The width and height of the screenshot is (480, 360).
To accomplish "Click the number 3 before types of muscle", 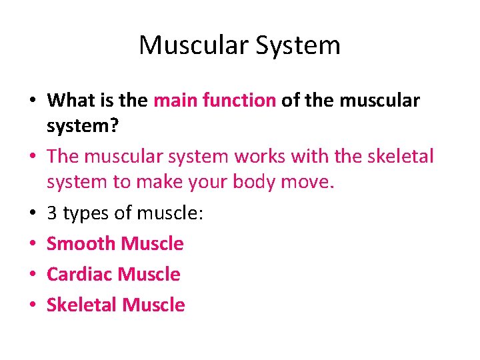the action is point(52,213).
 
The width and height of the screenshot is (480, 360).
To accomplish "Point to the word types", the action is point(85,214).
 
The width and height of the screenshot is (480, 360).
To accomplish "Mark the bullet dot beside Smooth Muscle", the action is point(32,245).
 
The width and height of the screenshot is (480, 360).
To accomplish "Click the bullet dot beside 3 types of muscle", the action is point(32,214).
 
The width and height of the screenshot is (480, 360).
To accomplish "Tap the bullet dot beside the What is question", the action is point(32,101).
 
